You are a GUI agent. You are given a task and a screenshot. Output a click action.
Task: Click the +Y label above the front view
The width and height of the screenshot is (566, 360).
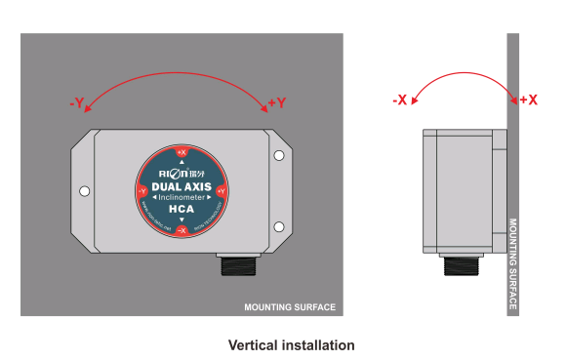pyautogui.click(x=276, y=102)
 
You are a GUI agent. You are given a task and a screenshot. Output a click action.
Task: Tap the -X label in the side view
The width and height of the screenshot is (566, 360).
pyautogui.click(x=399, y=100)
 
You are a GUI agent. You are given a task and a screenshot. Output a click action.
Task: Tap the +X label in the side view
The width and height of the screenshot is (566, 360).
pyautogui.click(x=528, y=100)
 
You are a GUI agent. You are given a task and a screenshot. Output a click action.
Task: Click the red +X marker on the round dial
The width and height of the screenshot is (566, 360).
pyautogui.click(x=181, y=152)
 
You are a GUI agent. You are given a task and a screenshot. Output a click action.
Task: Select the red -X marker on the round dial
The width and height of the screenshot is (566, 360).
pyautogui.click(x=181, y=229)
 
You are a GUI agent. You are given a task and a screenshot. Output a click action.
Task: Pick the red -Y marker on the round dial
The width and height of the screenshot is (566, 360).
pyautogui.click(x=141, y=191)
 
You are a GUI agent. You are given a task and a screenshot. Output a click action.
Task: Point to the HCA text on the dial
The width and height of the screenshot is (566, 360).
pyautogui.click(x=181, y=210)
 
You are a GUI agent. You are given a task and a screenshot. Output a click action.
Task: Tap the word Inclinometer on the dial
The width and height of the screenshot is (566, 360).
pyautogui.click(x=181, y=197)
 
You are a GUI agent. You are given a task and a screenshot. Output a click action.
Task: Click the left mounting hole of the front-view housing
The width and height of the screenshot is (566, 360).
pyautogui.click(x=84, y=191)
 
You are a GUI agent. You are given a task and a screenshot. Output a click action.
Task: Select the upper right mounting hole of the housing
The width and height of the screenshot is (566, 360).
pyautogui.click(x=279, y=156)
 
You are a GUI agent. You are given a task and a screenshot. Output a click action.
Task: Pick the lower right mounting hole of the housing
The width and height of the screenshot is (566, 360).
pyautogui.click(x=279, y=226)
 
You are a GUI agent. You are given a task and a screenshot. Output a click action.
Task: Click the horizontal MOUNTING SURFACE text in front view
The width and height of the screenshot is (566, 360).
pyautogui.click(x=290, y=307)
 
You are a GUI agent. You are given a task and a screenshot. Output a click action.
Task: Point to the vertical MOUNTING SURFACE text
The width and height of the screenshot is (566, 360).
pyautogui.click(x=513, y=263)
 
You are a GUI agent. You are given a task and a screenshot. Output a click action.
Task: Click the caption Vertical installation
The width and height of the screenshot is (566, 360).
pyautogui.click(x=291, y=345)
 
